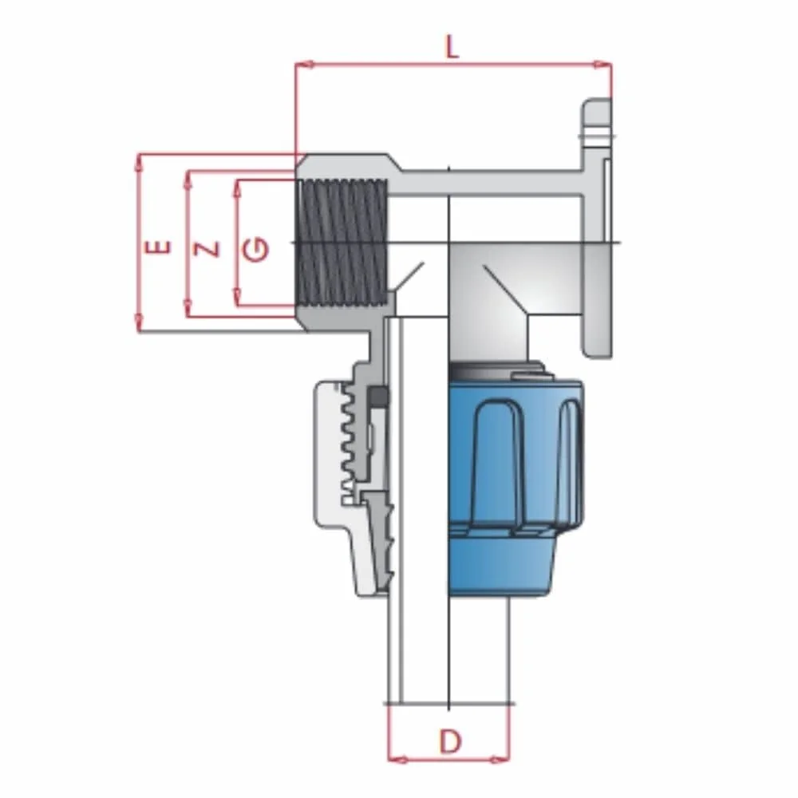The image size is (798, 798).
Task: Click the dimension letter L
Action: pyautogui.click(x=452, y=47)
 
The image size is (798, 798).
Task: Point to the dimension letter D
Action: pyautogui.click(x=450, y=741)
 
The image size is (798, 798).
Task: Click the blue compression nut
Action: pyautogui.click(x=516, y=479)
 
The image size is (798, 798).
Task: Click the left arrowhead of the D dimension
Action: pyautogui.click(x=393, y=758)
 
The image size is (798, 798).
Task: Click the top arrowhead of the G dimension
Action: pyautogui.click(x=237, y=185)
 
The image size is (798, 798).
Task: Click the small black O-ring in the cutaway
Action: pyautogui.click(x=380, y=396)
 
